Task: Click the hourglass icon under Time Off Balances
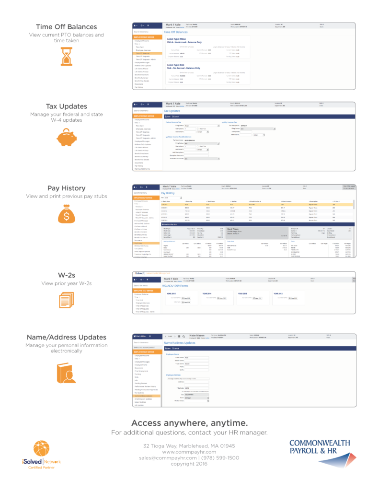pyautogui.click(x=66, y=56)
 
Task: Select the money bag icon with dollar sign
pyautogui.click(x=66, y=215)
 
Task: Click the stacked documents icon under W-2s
pyautogui.click(x=66, y=300)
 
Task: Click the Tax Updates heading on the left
pyautogui.click(x=66, y=106)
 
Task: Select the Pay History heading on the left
pyautogui.click(x=66, y=188)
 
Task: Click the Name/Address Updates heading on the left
pyautogui.click(x=66, y=337)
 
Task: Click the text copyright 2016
pyautogui.click(x=189, y=464)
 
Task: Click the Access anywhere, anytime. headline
pyautogui.click(x=189, y=423)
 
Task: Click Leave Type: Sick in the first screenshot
pyautogui.click(x=176, y=65)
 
